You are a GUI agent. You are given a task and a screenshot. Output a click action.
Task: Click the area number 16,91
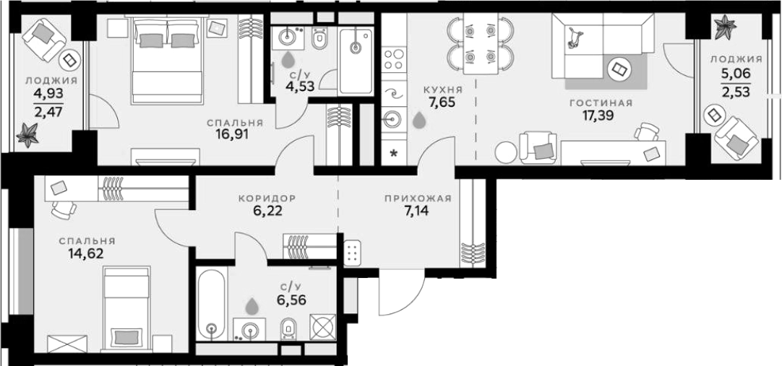(x=229, y=134)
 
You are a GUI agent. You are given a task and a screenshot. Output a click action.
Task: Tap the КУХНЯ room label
(x=443, y=90)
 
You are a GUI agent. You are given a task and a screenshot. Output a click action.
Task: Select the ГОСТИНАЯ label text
(x=601, y=103)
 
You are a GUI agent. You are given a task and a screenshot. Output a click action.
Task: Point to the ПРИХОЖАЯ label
(x=418, y=199)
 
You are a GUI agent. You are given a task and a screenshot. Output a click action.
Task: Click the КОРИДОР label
(x=267, y=199)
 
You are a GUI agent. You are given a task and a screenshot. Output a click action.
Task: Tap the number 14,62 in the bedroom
(x=86, y=254)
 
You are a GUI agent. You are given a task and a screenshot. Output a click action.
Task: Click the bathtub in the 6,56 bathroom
(x=212, y=303)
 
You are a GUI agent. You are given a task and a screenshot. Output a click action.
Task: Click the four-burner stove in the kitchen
(x=394, y=58)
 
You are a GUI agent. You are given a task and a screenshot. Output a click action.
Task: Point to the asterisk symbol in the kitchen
(x=393, y=153)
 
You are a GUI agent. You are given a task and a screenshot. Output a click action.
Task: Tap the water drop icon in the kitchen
(x=419, y=119)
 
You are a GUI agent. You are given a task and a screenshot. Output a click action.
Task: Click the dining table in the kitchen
(x=481, y=43)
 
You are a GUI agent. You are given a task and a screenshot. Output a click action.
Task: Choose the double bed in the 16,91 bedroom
(x=167, y=60)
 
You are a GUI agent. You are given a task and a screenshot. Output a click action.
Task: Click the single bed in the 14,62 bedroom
(x=127, y=308)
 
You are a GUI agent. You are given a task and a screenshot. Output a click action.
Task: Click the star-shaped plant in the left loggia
(x=27, y=134)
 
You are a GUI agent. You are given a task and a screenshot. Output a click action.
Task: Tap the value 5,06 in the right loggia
(x=736, y=74)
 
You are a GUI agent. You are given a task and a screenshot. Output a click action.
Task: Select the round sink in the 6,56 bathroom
(x=250, y=328)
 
